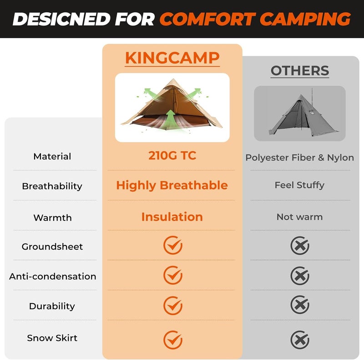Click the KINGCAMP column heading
(x=172, y=58)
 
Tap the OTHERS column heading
(x=300, y=71)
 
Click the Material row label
(x=52, y=156)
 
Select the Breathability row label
(x=52, y=186)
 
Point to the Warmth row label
(x=52, y=218)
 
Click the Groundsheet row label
(x=52, y=247)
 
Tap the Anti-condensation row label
(x=52, y=276)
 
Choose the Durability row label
(x=52, y=306)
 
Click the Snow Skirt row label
(x=52, y=338)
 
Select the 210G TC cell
(x=172, y=155)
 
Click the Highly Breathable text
(x=172, y=185)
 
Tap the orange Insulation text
(x=172, y=217)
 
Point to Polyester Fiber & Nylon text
(x=300, y=158)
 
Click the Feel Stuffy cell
(x=300, y=185)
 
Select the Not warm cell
(x=300, y=217)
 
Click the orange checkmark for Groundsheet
(x=173, y=246)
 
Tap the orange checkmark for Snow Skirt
(x=173, y=340)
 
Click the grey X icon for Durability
(x=300, y=305)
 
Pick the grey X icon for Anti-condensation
(x=300, y=276)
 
